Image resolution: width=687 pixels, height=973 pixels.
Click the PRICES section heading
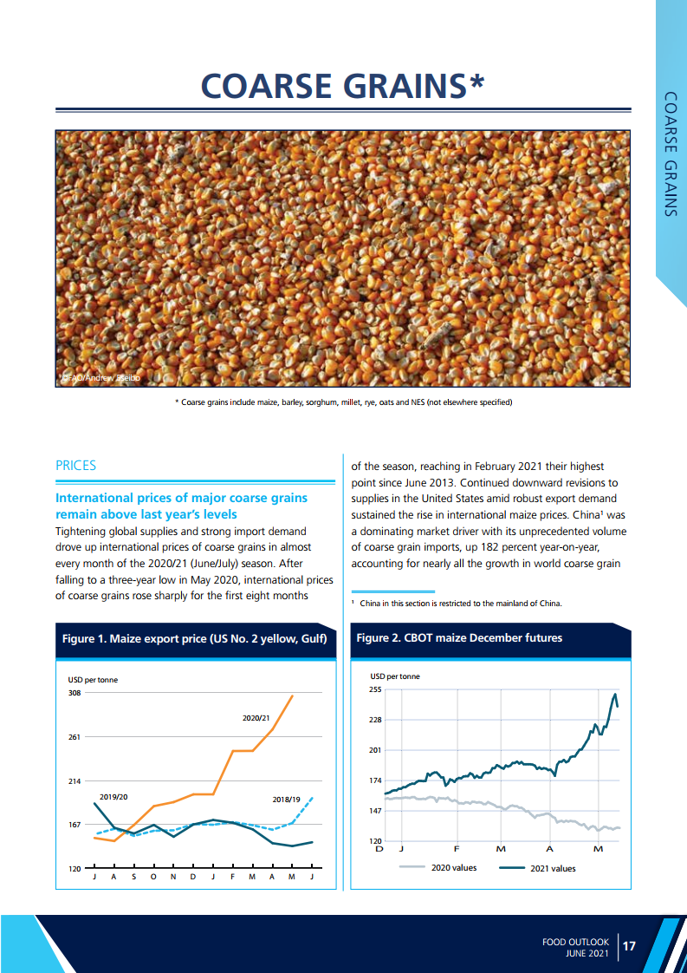(75, 466)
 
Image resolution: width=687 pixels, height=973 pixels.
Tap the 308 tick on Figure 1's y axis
(75, 693)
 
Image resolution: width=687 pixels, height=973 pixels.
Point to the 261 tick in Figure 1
(75, 737)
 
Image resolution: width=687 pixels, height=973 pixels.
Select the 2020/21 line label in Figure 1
(256, 718)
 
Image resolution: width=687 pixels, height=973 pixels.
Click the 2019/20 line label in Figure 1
(113, 796)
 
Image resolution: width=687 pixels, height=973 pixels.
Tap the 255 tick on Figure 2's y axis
(375, 689)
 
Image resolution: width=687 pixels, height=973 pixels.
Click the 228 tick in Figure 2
(375, 720)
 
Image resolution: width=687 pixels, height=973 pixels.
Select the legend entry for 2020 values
(453, 868)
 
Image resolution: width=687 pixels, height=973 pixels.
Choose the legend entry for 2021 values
(552, 868)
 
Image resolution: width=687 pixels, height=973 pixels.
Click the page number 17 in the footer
(629, 946)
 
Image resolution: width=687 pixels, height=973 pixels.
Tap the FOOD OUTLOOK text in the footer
(575, 941)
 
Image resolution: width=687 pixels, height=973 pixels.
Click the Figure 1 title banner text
(194, 639)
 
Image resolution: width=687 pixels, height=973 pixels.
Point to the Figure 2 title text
(459, 638)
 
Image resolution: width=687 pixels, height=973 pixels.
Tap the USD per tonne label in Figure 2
(395, 676)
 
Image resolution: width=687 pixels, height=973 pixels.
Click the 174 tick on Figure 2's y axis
(375, 780)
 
